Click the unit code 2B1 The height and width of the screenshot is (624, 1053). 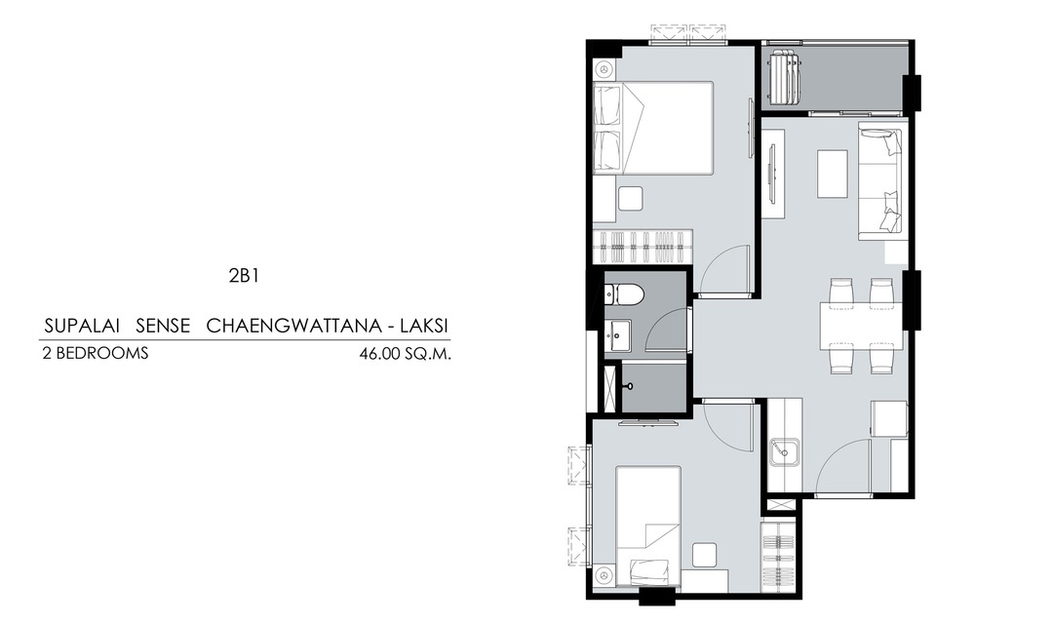click(244, 275)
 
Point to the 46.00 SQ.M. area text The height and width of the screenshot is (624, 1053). click(405, 354)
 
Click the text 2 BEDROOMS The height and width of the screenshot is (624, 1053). click(96, 353)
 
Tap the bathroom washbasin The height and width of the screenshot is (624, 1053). click(617, 334)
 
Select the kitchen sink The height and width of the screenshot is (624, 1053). click(784, 452)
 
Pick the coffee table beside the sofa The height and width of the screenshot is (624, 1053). click(833, 174)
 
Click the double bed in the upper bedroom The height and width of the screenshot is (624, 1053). click(652, 129)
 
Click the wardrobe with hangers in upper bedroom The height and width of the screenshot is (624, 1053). click(643, 248)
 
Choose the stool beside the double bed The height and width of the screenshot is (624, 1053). click(631, 199)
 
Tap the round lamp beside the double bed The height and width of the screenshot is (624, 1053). click(604, 69)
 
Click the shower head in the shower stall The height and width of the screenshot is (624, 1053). click(629, 387)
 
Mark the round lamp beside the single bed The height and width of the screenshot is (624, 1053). click(604, 577)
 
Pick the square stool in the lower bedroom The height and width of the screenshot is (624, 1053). click(705, 555)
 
